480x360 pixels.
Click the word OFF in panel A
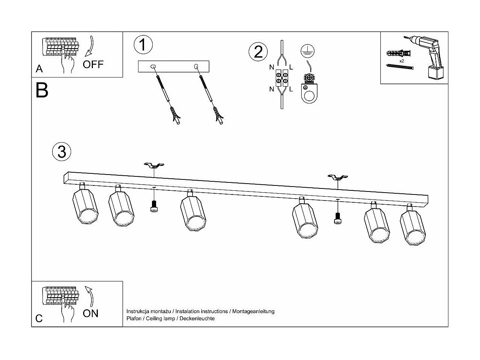click(93, 64)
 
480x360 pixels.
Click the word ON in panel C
click(91, 313)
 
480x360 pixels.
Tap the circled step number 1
click(143, 45)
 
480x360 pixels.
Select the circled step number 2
click(258, 52)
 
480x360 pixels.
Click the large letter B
click(42, 90)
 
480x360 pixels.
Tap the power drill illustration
click(428, 56)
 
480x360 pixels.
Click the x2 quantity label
click(402, 61)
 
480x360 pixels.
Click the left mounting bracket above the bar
click(154, 166)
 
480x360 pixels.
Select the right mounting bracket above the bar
click(337, 177)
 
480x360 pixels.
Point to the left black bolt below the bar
click(153, 207)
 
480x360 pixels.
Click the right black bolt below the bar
click(337, 218)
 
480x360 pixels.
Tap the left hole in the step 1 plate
click(152, 67)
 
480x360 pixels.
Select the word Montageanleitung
click(253, 311)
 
